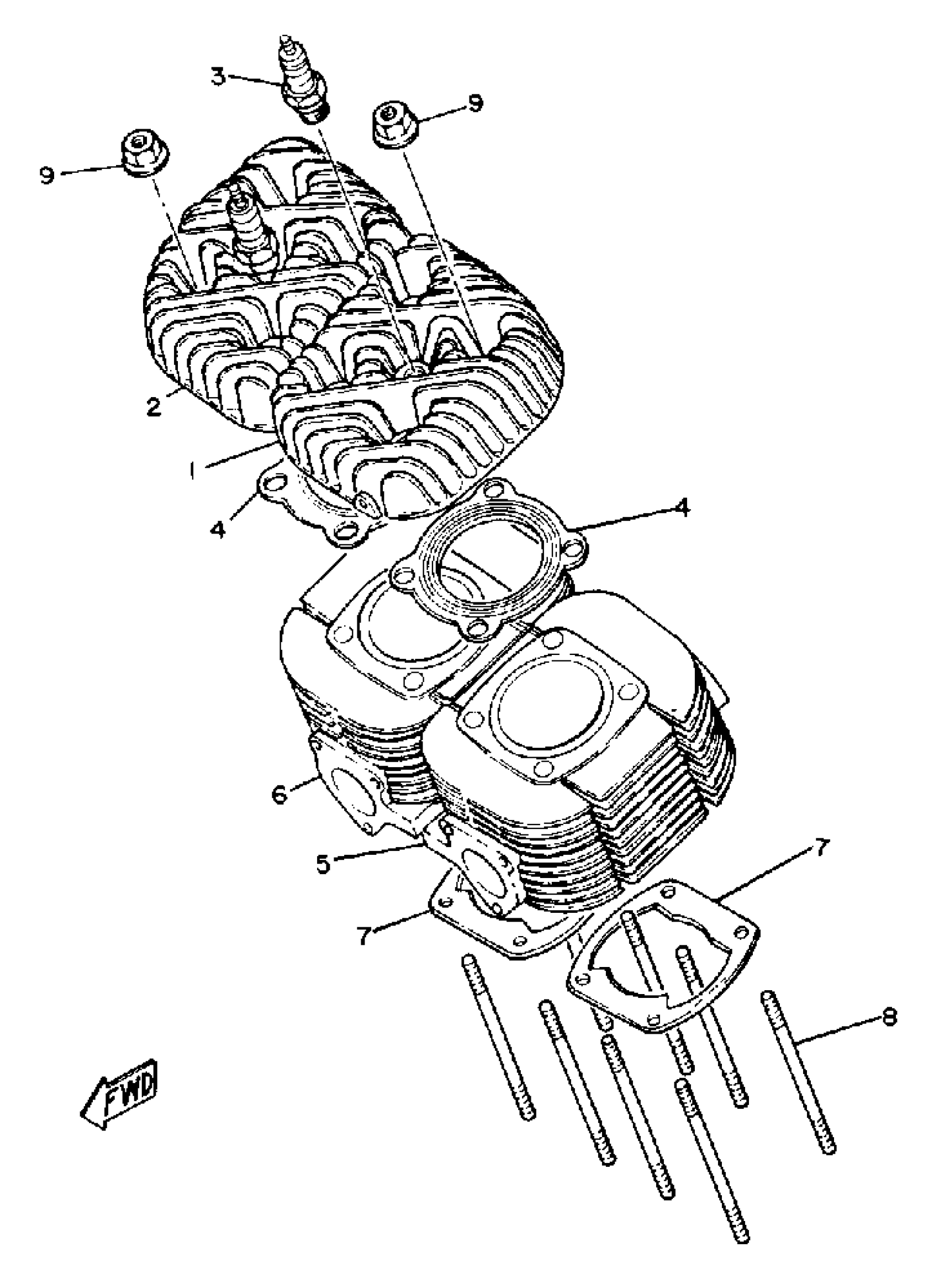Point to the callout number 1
click(x=194, y=470)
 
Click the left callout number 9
click(x=47, y=176)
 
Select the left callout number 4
click(x=218, y=528)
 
